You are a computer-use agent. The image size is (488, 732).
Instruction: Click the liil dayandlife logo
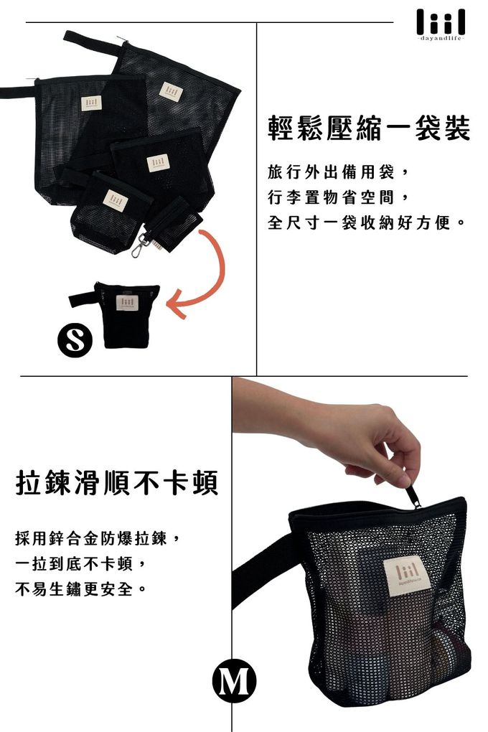[x=441, y=24]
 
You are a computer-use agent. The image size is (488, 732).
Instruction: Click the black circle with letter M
[x=234, y=681]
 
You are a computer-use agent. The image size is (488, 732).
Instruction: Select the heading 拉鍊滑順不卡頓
[x=116, y=483]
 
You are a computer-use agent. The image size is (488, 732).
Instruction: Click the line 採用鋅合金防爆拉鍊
[x=101, y=538]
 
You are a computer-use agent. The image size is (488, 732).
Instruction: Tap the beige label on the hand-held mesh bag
[x=405, y=575]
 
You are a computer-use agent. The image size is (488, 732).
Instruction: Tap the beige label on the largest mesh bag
[x=170, y=92]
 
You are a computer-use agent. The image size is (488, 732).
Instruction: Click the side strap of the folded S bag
[x=83, y=299]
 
